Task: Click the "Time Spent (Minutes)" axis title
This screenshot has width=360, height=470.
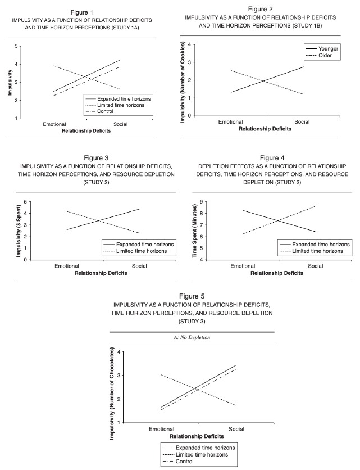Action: [194, 231]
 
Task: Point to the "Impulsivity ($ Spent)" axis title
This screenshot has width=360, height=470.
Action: [19, 231]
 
